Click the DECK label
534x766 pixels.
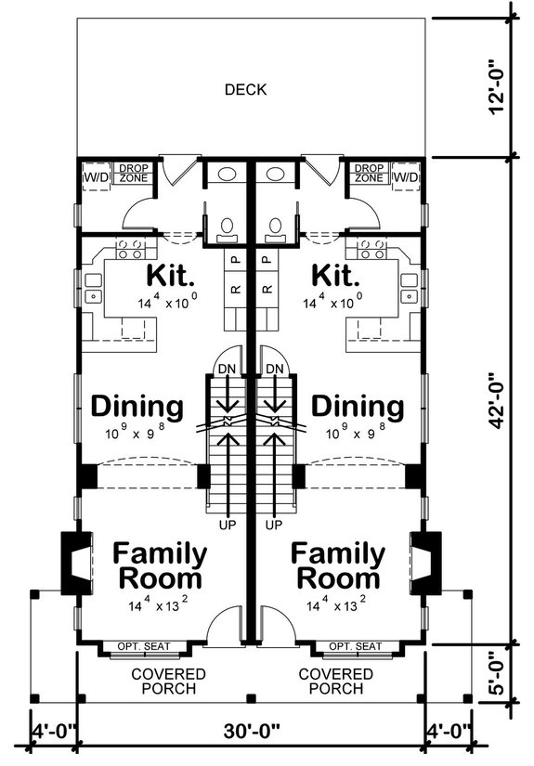tap(245, 90)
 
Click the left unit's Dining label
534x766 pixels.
tap(137, 407)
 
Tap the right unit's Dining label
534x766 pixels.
tap(358, 407)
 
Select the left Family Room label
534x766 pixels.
tap(160, 565)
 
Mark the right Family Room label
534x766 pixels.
tap(338, 565)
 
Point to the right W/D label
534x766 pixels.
tap(405, 176)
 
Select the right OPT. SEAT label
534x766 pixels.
tap(356, 646)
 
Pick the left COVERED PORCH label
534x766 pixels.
tap(168, 681)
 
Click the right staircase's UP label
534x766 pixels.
tap(273, 526)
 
